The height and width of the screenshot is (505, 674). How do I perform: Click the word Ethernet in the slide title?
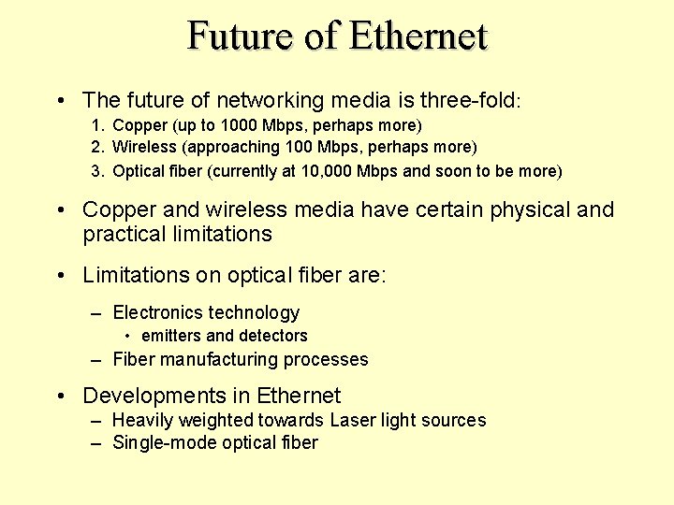418,36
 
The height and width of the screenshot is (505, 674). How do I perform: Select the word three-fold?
469,99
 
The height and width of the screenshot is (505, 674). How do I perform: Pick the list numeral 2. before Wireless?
97,147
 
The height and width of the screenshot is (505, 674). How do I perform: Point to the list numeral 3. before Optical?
97,171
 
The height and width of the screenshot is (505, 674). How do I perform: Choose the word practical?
122,234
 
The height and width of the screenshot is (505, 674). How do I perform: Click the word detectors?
272,336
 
